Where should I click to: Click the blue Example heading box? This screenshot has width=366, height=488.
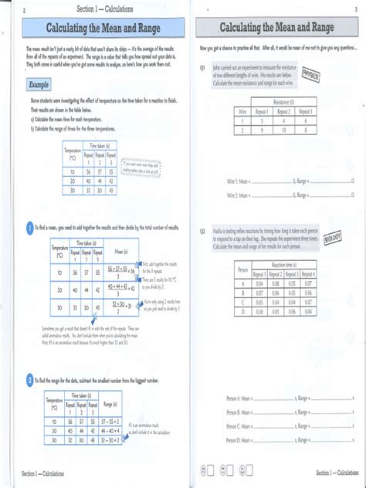click(39, 83)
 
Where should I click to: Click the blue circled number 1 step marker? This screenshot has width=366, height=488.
click(29, 228)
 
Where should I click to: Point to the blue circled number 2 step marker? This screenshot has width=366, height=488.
click(29, 381)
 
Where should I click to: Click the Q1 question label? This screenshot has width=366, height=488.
click(202, 67)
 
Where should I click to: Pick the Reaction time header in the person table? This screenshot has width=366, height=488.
click(283, 264)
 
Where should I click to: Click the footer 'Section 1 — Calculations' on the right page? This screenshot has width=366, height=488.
click(335, 472)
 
